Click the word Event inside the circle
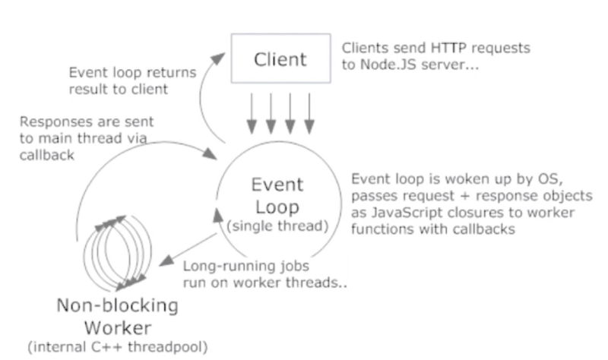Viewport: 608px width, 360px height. (x=277, y=185)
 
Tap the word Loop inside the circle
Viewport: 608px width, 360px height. (x=277, y=207)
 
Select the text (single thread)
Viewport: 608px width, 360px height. (x=277, y=226)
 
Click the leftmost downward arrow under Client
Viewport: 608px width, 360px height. (x=252, y=113)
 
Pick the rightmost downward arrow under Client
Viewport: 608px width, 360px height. (x=309, y=113)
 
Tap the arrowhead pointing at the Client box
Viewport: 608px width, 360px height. (x=218, y=58)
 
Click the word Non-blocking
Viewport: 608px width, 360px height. (x=118, y=305)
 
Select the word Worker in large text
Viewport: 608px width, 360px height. (x=118, y=328)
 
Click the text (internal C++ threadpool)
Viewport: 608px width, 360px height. (x=118, y=347)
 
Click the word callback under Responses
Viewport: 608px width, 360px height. (x=46, y=155)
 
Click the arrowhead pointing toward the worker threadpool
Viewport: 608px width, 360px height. (x=166, y=261)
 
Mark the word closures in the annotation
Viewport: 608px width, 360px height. (x=478, y=213)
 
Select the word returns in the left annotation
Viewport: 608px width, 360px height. (x=174, y=73)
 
